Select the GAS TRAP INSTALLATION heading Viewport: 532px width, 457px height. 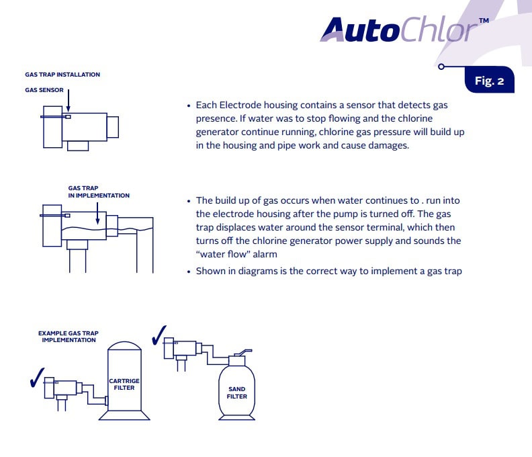62,75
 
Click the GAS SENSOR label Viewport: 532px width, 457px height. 44,90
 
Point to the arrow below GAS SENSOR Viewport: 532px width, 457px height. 69,101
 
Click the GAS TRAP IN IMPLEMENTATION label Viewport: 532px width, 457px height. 99,192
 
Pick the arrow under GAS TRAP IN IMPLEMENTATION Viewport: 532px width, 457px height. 97,214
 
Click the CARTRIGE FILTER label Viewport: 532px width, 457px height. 124,384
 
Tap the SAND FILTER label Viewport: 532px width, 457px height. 237,393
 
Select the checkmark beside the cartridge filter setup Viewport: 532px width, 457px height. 37,378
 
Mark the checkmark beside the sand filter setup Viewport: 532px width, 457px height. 159,335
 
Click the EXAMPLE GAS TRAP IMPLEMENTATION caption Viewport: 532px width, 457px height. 69,337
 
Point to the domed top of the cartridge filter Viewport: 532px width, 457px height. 124,346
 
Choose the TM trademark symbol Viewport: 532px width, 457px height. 484,20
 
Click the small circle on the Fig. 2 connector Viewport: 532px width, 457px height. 441,67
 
